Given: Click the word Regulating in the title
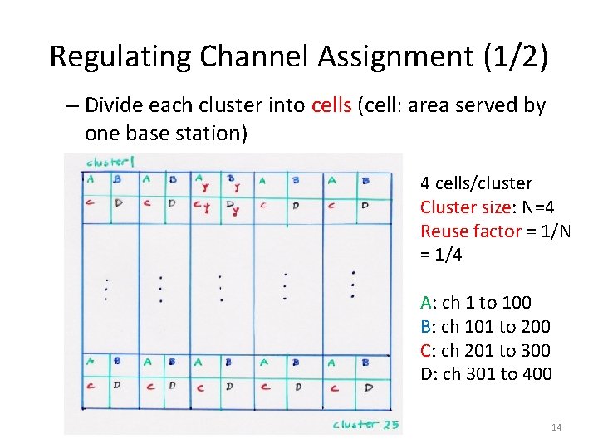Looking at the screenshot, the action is pos(107,56).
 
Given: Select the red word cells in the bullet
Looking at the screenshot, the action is pos(331,105).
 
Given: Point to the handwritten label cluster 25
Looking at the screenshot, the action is pos(365,424).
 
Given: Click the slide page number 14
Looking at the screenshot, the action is pos(556,427).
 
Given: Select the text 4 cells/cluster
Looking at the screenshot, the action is pos(476,183).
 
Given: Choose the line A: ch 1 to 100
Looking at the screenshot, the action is pos(476,303).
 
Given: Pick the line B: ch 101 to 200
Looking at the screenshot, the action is pos(485,327).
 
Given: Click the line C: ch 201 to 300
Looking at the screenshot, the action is pos(485,351).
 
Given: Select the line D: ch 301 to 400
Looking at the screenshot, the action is pos(486,374).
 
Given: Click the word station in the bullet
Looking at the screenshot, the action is pos(215,134).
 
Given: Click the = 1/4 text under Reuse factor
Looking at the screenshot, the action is pos(441,255).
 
